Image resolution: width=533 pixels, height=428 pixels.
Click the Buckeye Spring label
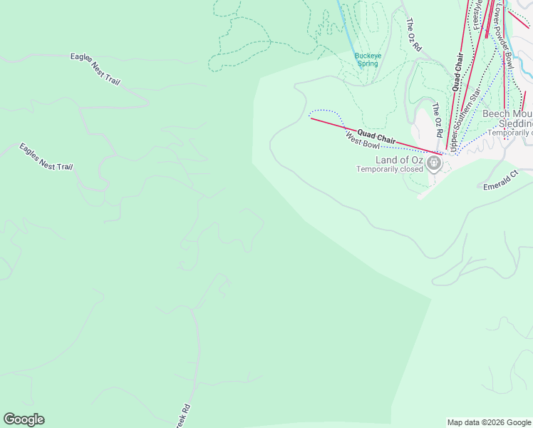pyautogui.click(x=368, y=59)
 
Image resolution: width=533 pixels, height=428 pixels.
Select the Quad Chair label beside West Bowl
pyautogui.click(x=376, y=136)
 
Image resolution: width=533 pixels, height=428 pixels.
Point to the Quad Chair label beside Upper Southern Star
pyautogui.click(x=457, y=76)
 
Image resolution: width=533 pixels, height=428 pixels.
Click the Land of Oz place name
pyautogui.click(x=400, y=160)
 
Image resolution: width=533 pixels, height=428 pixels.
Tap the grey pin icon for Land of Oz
pyautogui.click(x=434, y=163)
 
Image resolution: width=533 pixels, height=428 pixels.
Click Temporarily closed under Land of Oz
pyautogui.click(x=390, y=170)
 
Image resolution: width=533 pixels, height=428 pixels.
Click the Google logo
pyautogui.click(x=24, y=419)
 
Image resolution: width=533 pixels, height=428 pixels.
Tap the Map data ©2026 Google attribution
pyautogui.click(x=489, y=422)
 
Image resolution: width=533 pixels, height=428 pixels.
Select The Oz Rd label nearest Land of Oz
pyautogui.click(x=438, y=120)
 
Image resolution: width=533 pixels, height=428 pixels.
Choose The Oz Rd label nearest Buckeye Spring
pyautogui.click(x=413, y=34)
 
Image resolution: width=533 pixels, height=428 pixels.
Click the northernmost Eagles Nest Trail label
pyautogui.click(x=95, y=69)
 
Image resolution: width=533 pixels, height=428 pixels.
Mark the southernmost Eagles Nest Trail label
pyautogui.click(x=46, y=157)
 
